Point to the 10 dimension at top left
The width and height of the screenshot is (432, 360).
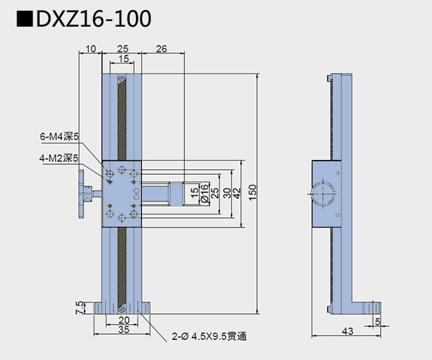click(91, 49)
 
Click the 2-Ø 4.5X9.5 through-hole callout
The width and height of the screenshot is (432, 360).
click(214, 336)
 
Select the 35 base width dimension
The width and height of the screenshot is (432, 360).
click(122, 332)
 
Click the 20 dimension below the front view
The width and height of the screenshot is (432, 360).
click(122, 320)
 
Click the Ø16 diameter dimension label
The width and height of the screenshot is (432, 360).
click(204, 194)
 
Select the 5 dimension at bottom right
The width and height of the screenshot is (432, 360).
click(377, 323)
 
